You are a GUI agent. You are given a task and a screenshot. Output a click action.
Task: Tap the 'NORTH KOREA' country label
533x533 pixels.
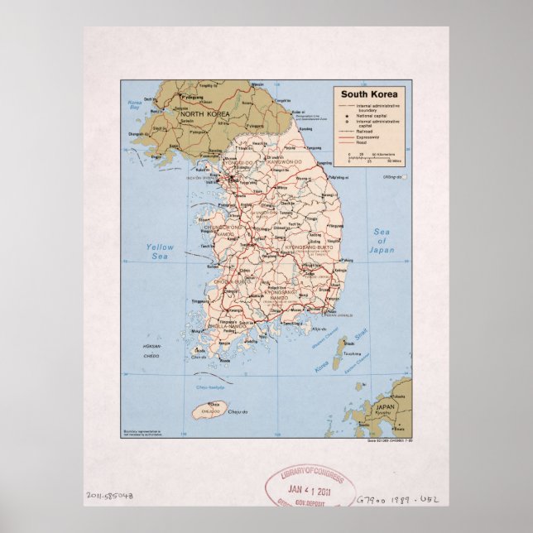point(204,113)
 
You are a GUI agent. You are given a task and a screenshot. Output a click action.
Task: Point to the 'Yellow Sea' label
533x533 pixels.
point(161,252)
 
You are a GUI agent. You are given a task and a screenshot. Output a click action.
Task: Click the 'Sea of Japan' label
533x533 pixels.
point(382,240)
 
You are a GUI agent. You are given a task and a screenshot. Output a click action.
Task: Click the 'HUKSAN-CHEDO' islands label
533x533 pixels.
point(151,348)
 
